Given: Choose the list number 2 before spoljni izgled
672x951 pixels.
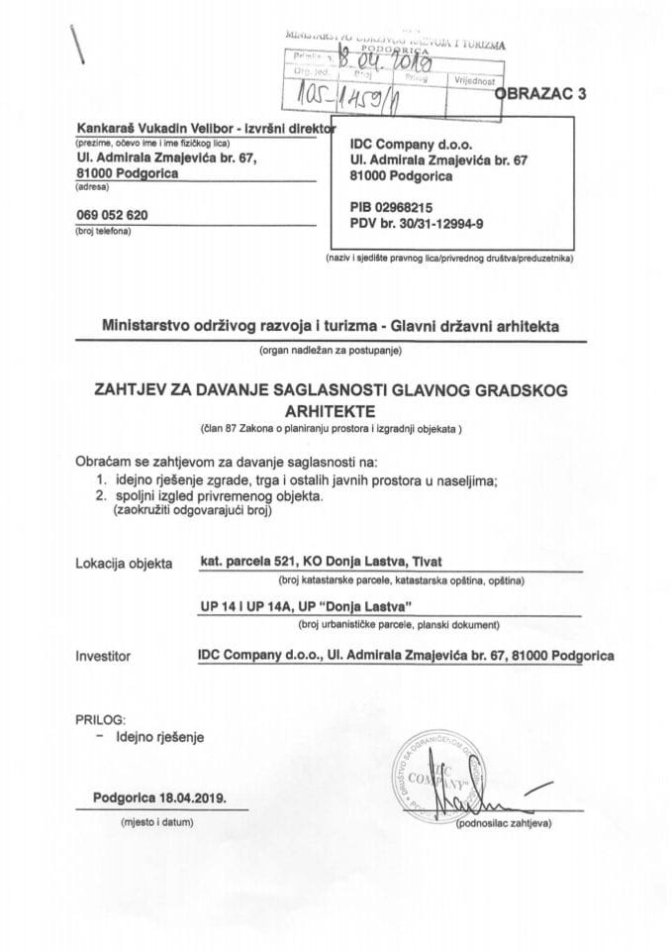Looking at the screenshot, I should coord(87,497).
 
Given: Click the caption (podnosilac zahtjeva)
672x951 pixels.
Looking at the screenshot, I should coord(502,823).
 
